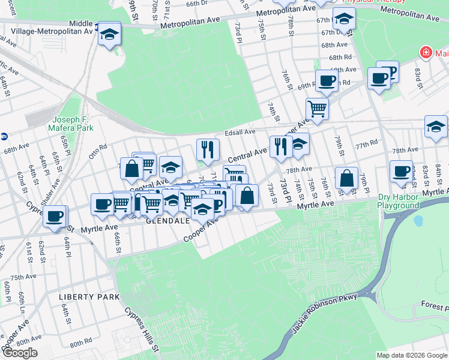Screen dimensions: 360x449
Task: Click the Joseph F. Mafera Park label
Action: [73, 124]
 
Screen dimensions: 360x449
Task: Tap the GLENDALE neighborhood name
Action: [167, 220]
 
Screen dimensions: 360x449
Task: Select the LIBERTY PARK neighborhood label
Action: [89, 297]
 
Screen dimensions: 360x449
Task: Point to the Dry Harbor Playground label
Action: [398, 201]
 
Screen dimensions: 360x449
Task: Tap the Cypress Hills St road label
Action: [142, 330]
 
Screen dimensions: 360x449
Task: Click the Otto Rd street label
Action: [98, 148]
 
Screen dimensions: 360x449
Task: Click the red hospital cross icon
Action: [426, 53]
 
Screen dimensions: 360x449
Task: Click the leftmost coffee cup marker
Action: [55, 215]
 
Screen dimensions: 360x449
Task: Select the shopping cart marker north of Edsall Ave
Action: [317, 109]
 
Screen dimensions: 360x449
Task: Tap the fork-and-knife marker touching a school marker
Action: [280, 146]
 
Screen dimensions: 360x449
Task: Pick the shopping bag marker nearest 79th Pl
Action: [346, 178]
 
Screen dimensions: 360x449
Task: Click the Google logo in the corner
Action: [19, 353]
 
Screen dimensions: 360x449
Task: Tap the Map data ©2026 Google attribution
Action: [412, 355]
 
